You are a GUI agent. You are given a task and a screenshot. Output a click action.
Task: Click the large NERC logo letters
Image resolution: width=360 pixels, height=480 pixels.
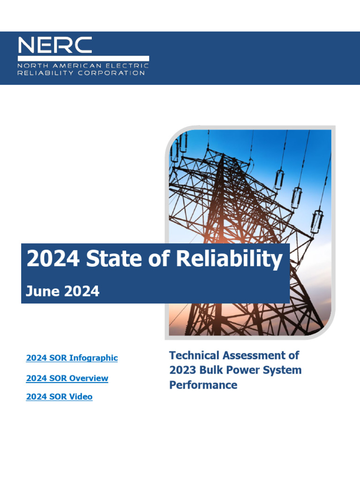point(55,45)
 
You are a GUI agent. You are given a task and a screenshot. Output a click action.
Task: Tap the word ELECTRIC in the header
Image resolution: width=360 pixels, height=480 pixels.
point(132,66)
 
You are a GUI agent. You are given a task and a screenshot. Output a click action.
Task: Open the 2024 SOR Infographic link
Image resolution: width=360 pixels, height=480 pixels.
point(72,358)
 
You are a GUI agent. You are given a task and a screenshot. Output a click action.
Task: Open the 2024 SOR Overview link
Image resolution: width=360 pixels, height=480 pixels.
point(67,378)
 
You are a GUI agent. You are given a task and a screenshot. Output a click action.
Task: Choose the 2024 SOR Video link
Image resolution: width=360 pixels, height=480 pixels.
point(59,397)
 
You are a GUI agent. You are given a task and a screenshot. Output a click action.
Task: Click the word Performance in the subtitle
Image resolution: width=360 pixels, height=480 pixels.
point(203,385)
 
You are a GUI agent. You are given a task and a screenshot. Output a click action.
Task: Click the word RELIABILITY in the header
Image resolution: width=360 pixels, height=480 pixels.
point(41,73)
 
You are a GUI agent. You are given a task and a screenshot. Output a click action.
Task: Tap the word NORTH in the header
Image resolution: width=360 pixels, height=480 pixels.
point(29,66)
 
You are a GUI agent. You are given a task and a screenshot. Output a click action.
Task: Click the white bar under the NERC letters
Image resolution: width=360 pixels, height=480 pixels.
point(83,59)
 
